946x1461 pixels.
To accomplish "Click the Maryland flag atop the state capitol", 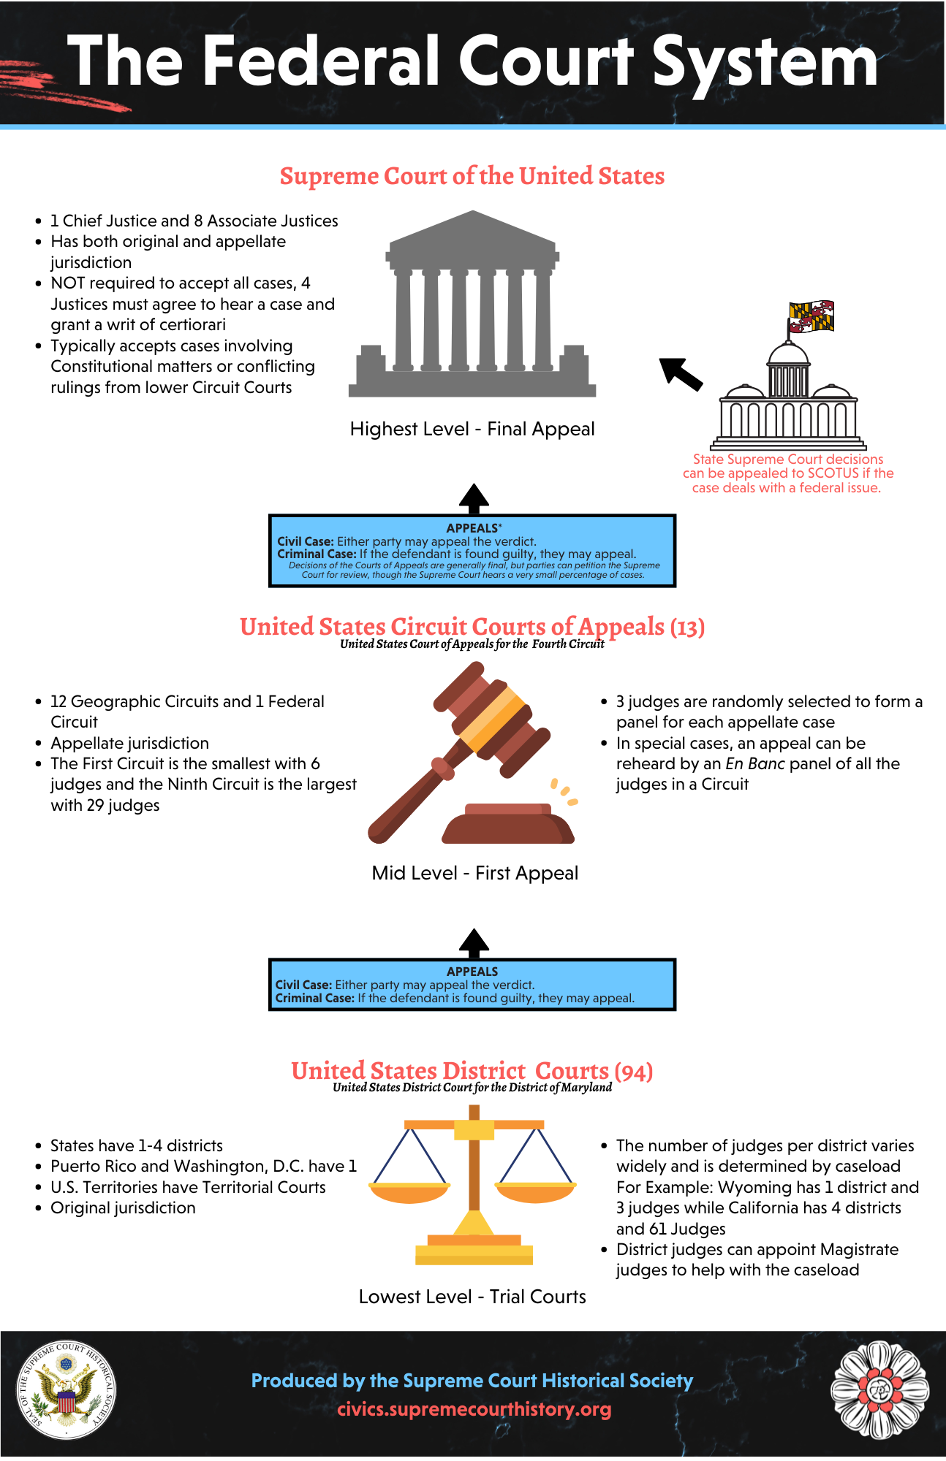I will (x=811, y=316).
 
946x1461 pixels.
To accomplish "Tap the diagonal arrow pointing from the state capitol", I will (x=681, y=372).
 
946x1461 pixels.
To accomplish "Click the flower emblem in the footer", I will (x=879, y=1390).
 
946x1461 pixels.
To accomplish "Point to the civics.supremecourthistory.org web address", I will (x=474, y=1409).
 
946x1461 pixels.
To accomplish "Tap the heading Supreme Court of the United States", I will (x=472, y=176).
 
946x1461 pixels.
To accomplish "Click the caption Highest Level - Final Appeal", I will (x=472, y=429).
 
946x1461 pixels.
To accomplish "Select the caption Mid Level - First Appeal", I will (x=474, y=873).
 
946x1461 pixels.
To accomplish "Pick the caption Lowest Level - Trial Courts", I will (x=472, y=1297).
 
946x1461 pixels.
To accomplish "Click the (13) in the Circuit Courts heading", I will (x=687, y=627).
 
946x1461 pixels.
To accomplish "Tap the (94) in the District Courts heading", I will (x=634, y=1072).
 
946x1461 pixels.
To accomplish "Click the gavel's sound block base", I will (x=508, y=825).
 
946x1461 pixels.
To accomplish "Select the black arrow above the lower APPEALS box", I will (x=474, y=943).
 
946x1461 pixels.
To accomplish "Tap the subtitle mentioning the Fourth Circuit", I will (x=472, y=644).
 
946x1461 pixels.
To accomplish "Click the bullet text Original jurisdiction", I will (x=123, y=1208).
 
